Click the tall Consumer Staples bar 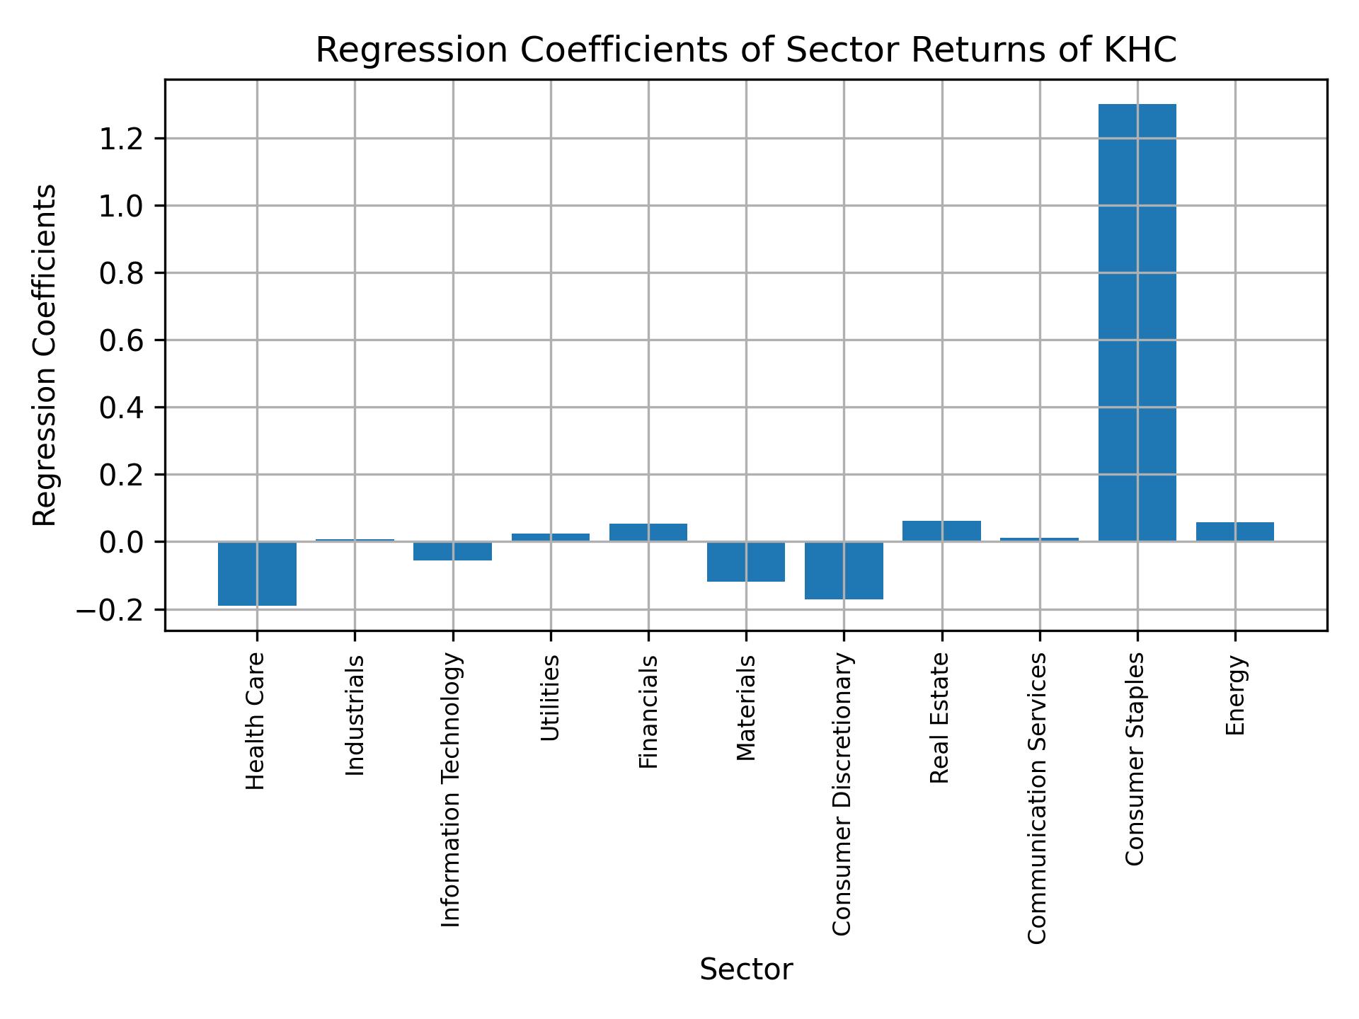point(1137,323)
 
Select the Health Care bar point(257,574)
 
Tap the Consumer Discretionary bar point(844,570)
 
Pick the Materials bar point(746,562)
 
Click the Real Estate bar point(941,531)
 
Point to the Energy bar point(1234,532)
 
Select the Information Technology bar point(452,551)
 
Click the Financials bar point(648,533)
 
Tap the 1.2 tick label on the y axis point(122,139)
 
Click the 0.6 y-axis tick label point(122,340)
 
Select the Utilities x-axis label point(551,698)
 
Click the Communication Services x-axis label point(1037,798)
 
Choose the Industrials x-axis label point(355,715)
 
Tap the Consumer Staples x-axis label point(1135,759)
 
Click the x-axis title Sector point(746,969)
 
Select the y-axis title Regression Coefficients point(45,355)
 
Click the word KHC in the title point(1142,51)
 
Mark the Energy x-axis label point(1235,696)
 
